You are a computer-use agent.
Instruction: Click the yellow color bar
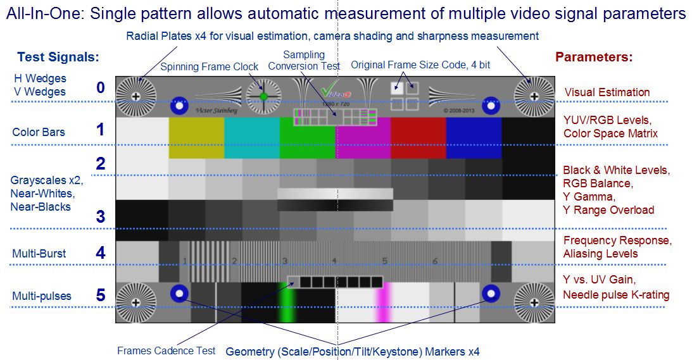[196, 140]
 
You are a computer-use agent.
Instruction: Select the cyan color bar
[252, 140]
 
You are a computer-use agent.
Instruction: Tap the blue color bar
[474, 140]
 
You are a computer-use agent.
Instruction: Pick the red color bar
[418, 140]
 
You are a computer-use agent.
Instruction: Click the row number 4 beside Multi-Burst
[101, 253]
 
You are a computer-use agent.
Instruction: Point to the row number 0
[101, 87]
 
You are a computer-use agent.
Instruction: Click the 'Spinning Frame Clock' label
[209, 66]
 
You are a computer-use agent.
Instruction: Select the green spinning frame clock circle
[264, 96]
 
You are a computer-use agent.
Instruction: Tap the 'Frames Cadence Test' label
[167, 351]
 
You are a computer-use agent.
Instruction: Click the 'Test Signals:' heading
[58, 57]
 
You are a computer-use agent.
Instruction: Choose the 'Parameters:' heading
[594, 57]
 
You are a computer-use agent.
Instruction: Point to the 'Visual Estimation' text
[607, 92]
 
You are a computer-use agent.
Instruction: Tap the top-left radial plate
[135, 96]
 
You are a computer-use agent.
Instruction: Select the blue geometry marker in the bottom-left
[179, 293]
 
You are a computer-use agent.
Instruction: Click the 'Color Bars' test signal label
[39, 132]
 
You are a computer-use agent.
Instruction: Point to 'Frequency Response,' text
[617, 240]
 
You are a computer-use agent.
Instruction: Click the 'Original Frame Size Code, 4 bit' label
[420, 65]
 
